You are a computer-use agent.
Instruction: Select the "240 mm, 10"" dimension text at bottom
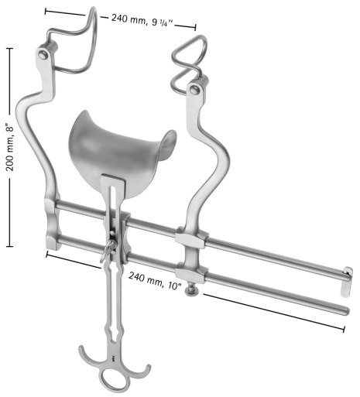click(x=156, y=279)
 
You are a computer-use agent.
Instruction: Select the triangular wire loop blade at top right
click(x=189, y=55)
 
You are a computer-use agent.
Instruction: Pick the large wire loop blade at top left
click(x=77, y=43)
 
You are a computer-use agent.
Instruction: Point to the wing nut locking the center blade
click(x=108, y=248)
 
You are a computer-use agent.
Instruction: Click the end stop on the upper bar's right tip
click(x=347, y=272)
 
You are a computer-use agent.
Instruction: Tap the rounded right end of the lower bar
click(x=341, y=311)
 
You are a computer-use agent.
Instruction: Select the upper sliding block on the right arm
click(x=190, y=236)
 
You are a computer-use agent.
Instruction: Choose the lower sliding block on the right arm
click(x=189, y=272)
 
